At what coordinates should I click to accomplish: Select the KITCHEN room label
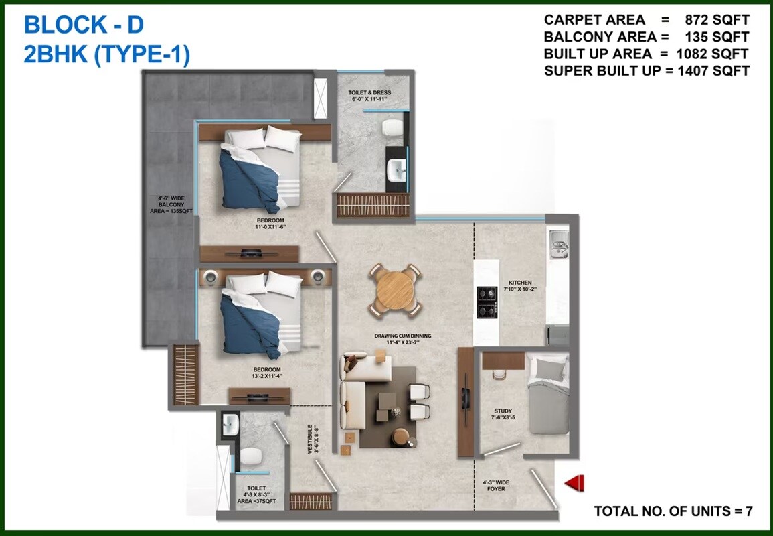point(519,287)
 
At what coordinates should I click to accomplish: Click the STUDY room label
point(503,414)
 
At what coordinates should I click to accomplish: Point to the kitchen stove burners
point(485,302)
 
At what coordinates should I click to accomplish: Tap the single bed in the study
point(547,396)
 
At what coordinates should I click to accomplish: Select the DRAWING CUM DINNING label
point(403,339)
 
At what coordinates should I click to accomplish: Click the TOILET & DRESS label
point(369,96)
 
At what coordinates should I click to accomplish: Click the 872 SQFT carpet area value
point(717,20)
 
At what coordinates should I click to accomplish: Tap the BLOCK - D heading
point(84,25)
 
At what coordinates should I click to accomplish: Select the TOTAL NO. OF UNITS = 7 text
point(673,511)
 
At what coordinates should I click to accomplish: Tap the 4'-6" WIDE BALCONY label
point(171,204)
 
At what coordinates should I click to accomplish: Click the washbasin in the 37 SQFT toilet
point(230,424)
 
